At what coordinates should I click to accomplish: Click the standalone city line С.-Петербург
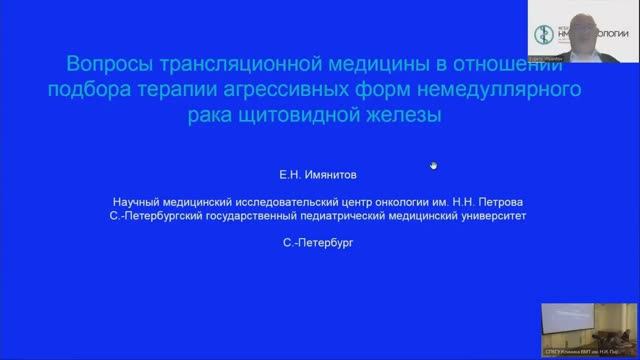[x=319, y=240]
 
